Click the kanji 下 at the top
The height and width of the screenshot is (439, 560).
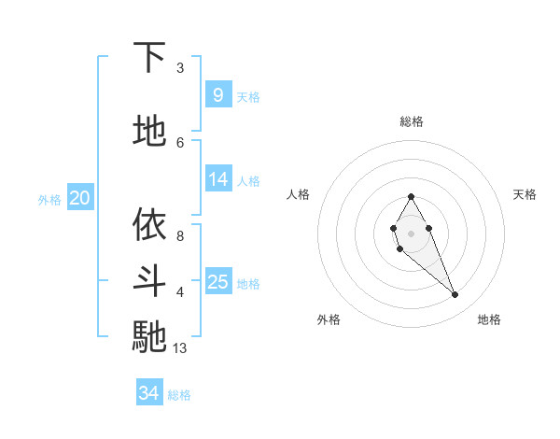click(x=149, y=58)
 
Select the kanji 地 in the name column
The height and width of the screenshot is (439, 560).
click(x=149, y=131)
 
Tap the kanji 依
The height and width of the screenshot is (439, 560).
click(x=149, y=225)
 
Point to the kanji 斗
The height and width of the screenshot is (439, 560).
click(x=149, y=280)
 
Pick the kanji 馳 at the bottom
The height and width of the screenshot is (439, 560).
click(x=149, y=336)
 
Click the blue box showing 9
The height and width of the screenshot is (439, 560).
click(x=217, y=95)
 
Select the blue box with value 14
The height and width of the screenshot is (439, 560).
click(x=217, y=179)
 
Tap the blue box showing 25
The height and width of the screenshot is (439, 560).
click(x=217, y=282)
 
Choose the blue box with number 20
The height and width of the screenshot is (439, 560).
click(x=80, y=198)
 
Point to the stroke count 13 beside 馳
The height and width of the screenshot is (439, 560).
click(x=180, y=348)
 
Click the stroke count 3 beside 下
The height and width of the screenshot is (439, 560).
click(x=180, y=68)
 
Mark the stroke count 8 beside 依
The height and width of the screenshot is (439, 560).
click(x=180, y=236)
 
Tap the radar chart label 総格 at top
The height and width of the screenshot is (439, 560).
click(x=411, y=121)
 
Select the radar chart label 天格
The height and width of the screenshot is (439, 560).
click(x=525, y=194)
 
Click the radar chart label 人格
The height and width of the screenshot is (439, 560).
click(x=298, y=194)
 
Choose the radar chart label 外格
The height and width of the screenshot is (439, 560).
click(x=329, y=319)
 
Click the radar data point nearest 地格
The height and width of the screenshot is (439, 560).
click(x=455, y=295)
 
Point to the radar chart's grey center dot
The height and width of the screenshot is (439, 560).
click(x=411, y=234)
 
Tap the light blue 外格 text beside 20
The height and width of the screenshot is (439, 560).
click(x=49, y=199)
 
